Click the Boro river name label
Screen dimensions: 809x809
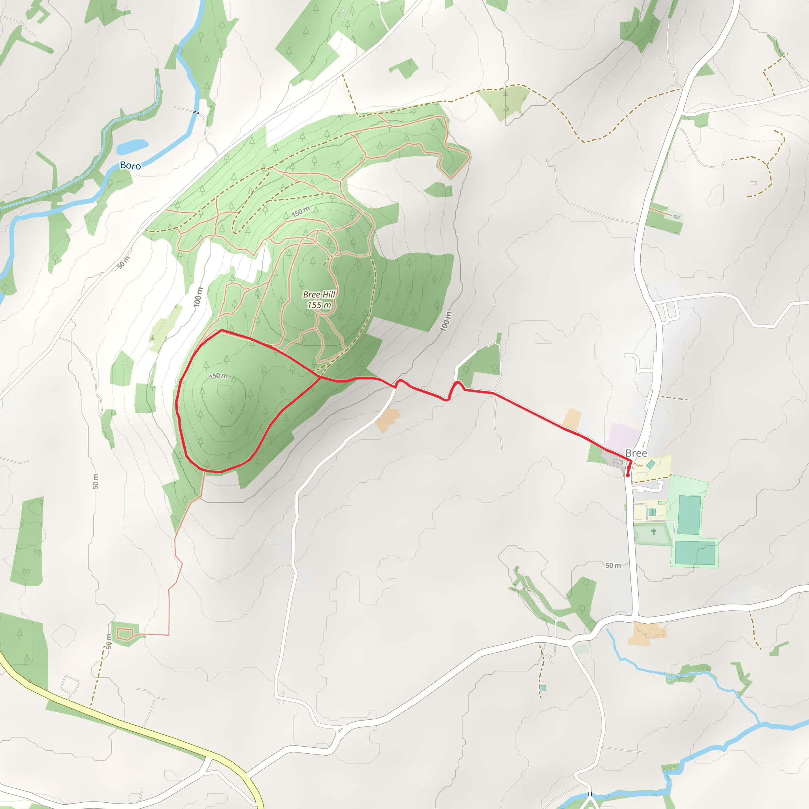coord(130,166)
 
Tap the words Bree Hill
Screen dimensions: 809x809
coord(319,294)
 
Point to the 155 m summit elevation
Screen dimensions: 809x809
coord(319,305)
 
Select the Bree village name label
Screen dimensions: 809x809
coord(636,453)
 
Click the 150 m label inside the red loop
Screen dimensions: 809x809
coord(218,376)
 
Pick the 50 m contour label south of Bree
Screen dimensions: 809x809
coord(613,565)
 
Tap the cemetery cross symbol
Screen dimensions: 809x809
coord(654,531)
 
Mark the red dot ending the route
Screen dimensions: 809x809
coord(628,475)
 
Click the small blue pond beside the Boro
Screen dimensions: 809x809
coord(132,146)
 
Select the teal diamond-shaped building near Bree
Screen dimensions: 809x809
coord(651,464)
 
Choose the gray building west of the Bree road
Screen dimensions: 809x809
coord(618,461)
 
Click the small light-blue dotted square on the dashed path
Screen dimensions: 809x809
coord(544,688)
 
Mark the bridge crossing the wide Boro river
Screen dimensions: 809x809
coord(196,112)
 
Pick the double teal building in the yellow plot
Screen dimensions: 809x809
coord(652,512)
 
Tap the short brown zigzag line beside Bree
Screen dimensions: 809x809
coord(640,465)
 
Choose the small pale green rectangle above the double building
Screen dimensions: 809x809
coord(662,502)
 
